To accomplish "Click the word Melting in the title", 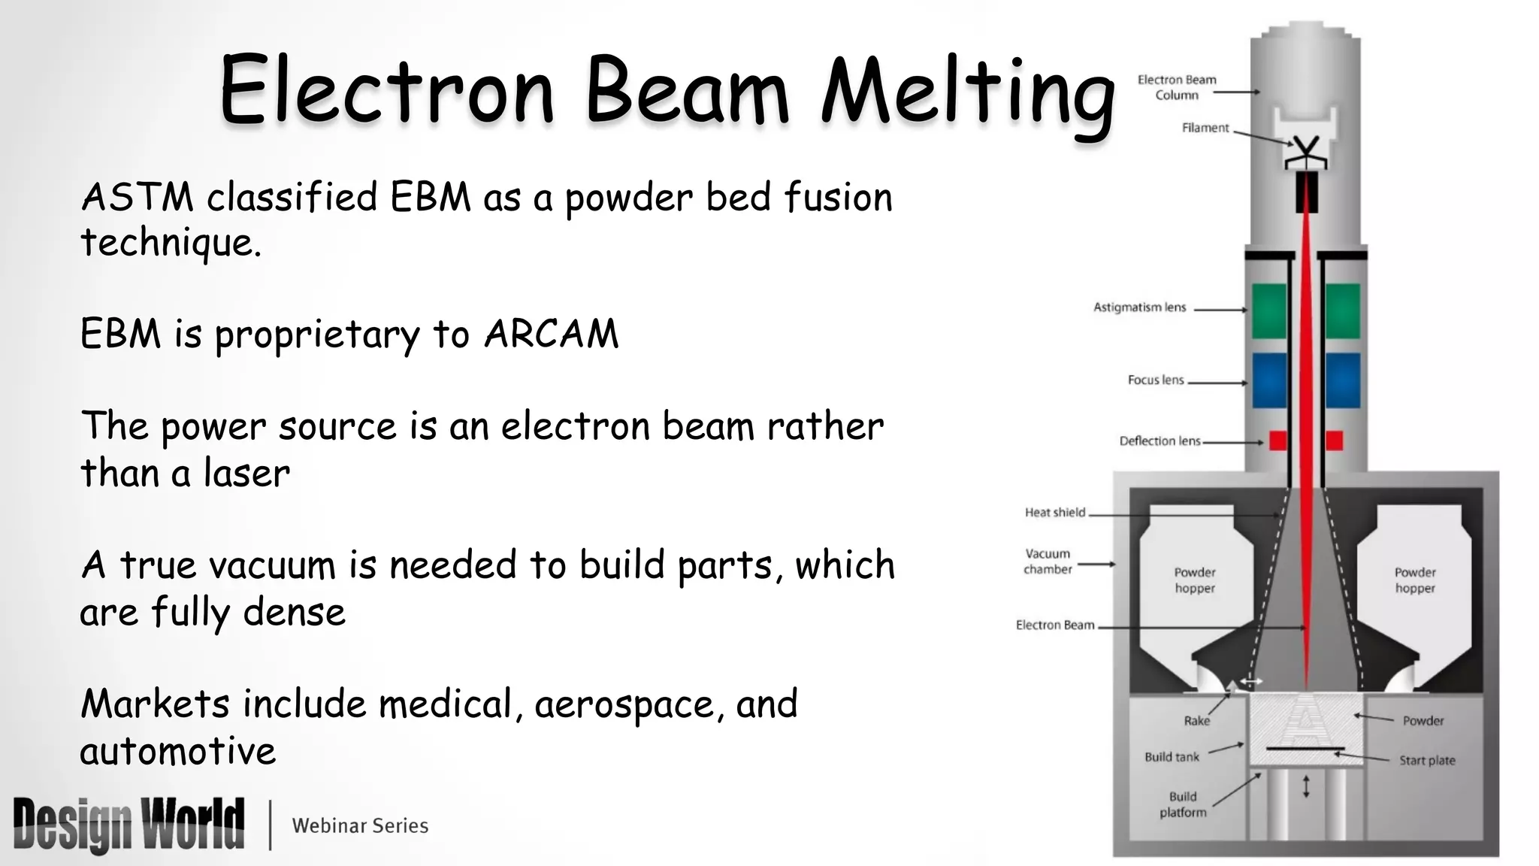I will pos(968,92).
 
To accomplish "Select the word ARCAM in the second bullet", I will pos(551,334).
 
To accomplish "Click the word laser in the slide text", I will pos(246,474).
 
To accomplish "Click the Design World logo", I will pos(129,825).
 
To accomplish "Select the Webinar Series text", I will pos(360,825).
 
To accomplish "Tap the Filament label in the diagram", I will pos(1205,128).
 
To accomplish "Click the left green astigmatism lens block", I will pos(1269,310).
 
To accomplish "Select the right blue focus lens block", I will pos(1342,380).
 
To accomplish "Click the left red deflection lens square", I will pos(1277,441).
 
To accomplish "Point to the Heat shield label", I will pos(1055,513).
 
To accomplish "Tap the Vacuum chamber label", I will pos(1048,562).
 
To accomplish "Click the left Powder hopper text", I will pos(1195,580).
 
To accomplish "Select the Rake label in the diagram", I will pos(1196,721).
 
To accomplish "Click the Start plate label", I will pos(1426,761).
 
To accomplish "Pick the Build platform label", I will pos(1183,804).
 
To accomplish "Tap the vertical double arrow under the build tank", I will pos(1306,786).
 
